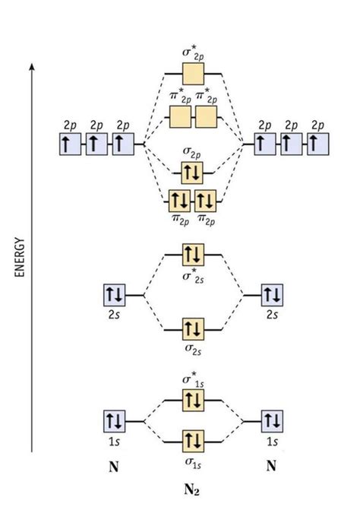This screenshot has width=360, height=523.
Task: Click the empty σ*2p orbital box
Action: pos(193,74)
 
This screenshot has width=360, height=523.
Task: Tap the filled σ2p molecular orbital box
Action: pos(193,173)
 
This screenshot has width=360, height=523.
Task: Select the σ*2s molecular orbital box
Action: pos(193,254)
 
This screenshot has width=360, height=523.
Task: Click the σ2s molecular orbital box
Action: pos(193,329)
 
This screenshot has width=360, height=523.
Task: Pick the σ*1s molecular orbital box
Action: pos(193,401)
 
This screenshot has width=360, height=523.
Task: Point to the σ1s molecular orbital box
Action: pos(193,440)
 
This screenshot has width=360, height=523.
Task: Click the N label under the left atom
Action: pos(114,467)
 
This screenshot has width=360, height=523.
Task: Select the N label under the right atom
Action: pos(271,467)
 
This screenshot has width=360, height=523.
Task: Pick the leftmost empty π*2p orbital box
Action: pos(181,117)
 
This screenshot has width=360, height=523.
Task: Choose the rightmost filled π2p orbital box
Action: pos(206,201)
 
